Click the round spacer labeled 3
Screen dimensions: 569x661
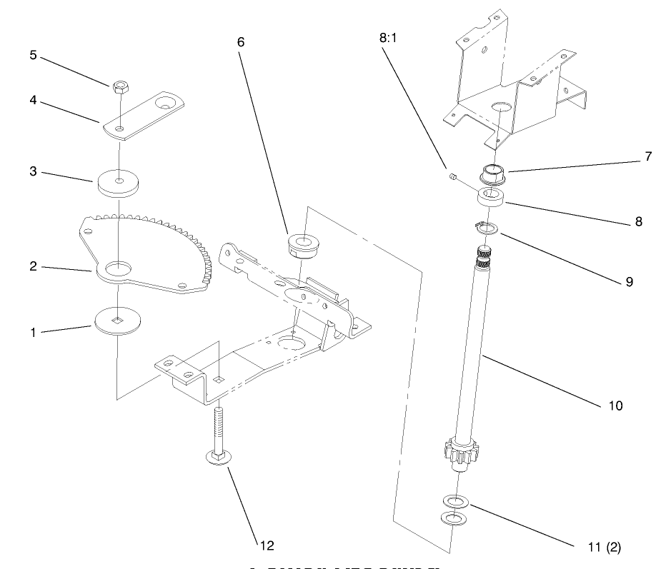point(117,183)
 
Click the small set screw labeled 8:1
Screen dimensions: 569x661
point(452,175)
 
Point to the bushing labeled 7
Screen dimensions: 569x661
point(493,173)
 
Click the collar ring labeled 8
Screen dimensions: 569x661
point(492,197)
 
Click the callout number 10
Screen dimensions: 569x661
point(615,406)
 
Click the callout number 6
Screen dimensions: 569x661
point(240,42)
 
